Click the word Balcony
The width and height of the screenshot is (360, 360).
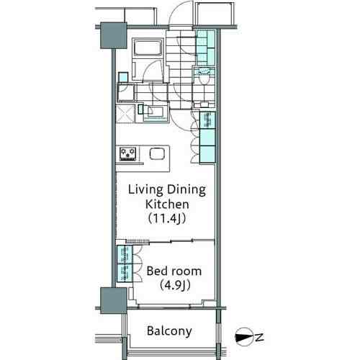[169, 331]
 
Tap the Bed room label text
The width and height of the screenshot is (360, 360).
[174, 271]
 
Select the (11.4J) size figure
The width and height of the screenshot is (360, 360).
[167, 219]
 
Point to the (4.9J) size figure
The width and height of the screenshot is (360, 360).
[175, 285]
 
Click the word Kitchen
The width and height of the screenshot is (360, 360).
[167, 204]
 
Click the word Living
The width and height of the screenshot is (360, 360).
[145, 190]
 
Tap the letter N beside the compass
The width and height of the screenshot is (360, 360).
[259, 337]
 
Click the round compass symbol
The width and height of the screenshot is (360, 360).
[244, 337]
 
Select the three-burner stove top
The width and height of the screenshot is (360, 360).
[128, 154]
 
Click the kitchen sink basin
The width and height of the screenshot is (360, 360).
[157, 153]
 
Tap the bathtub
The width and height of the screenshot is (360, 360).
[147, 48]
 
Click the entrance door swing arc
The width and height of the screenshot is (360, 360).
[181, 12]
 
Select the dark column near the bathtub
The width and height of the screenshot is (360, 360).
[114, 35]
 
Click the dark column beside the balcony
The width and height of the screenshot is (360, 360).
[114, 301]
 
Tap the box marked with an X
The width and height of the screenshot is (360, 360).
[125, 114]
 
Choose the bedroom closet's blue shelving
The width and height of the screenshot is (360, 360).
[125, 264]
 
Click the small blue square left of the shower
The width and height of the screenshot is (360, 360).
[123, 77]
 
